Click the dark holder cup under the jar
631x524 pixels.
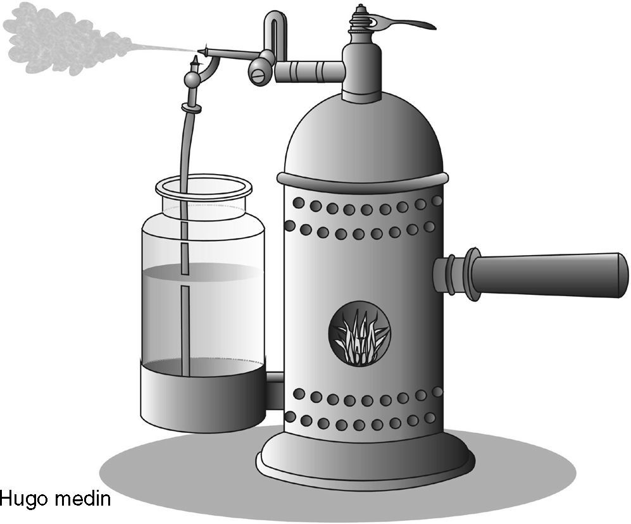(203, 396)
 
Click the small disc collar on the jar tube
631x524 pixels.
(191, 108)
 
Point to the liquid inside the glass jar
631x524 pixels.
(203, 310)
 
